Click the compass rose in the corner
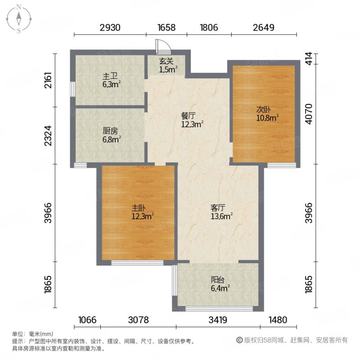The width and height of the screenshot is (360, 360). [x=19, y=19]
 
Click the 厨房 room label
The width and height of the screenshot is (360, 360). [x=110, y=131]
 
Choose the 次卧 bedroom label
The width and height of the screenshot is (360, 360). [x=264, y=109]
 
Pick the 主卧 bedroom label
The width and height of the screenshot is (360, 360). [x=139, y=208]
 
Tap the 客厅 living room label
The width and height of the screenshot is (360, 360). [x=218, y=208]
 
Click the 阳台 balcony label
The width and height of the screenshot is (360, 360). [x=218, y=279]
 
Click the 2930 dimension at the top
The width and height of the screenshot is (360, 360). [x=110, y=27]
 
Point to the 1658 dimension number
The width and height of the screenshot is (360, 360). [x=166, y=27]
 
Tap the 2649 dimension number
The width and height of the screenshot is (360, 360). [x=264, y=27]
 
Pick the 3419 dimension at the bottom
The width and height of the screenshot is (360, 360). [x=217, y=320]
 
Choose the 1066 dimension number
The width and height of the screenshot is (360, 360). [x=87, y=320]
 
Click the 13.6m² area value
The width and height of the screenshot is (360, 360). [x=221, y=216]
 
